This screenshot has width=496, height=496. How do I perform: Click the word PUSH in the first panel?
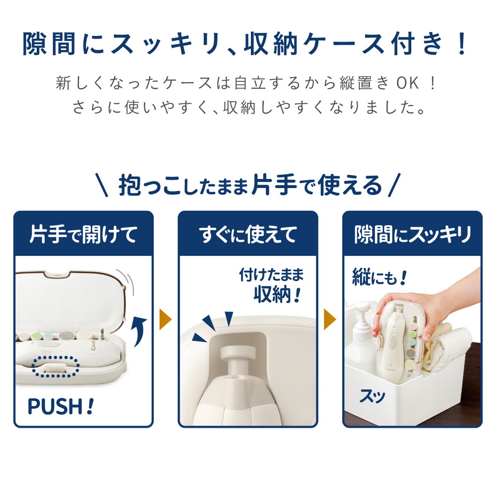[54, 406]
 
